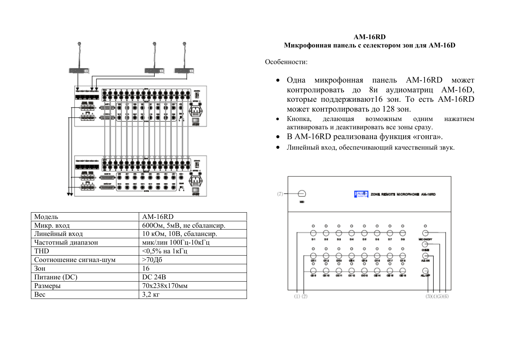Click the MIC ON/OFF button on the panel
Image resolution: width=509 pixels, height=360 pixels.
tap(425, 233)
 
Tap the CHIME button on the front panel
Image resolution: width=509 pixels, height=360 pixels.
tap(425, 244)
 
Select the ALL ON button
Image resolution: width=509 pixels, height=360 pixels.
tap(425, 257)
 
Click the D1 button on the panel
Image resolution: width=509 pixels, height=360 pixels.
tap(313, 233)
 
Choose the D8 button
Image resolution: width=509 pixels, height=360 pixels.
tap(403, 233)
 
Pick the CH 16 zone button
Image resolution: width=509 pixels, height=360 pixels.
tap(403, 270)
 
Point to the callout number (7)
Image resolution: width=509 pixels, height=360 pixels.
tap(280, 194)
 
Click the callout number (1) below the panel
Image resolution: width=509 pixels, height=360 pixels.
tap(297, 296)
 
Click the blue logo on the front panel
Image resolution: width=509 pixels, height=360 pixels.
tap(361, 194)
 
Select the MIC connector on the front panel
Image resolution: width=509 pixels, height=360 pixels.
tap(302, 194)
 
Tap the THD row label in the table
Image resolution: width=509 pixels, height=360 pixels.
tap(42, 251)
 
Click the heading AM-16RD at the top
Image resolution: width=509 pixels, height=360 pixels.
tap(369, 37)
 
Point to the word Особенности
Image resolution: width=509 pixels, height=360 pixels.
tap(286, 62)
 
